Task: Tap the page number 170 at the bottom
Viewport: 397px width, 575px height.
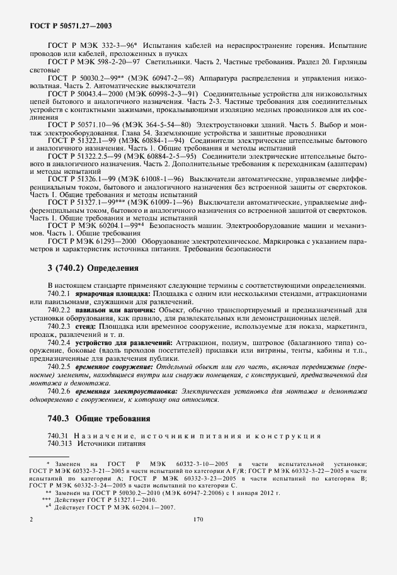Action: coord(198,520)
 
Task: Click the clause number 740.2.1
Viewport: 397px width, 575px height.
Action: coord(59,293)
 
